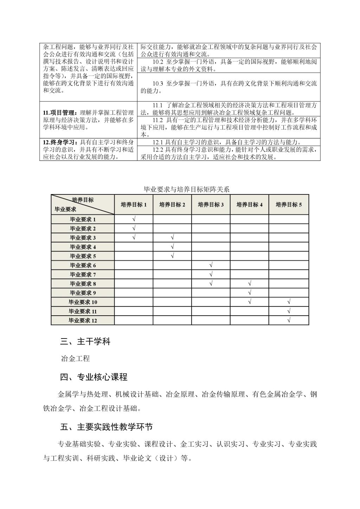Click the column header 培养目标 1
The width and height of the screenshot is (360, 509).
pyautogui.click(x=134, y=205)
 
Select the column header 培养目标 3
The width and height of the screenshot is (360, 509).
pyautogui.click(x=211, y=205)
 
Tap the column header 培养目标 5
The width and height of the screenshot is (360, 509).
pyautogui.click(x=289, y=205)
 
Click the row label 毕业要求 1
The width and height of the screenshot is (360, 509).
pyautogui.click(x=83, y=220)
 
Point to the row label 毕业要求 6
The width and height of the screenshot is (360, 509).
pyautogui.click(x=83, y=265)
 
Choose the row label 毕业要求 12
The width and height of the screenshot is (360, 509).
pyautogui.click(x=83, y=321)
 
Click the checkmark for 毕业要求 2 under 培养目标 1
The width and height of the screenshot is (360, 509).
pyautogui.click(x=134, y=228)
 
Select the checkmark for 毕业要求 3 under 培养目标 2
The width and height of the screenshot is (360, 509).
pyautogui.click(x=172, y=238)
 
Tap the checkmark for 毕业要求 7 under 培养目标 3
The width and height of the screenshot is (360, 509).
pyautogui.click(x=211, y=274)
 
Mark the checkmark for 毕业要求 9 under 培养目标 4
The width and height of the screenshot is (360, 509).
pyautogui.click(x=250, y=292)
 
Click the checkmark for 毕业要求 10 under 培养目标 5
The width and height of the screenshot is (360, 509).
pyautogui.click(x=289, y=302)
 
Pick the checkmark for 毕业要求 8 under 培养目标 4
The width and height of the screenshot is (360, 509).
pyautogui.click(x=250, y=283)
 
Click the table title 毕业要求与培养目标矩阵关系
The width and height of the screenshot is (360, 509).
pyautogui.click(x=187, y=189)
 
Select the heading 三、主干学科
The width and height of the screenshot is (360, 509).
pyautogui.click(x=85, y=341)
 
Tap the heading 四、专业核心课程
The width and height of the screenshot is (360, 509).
pyautogui.click(x=94, y=378)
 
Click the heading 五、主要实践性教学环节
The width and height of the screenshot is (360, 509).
pyautogui.click(x=107, y=427)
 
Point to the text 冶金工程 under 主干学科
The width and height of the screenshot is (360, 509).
pyautogui.click(x=75, y=359)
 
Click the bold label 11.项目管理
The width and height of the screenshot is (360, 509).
pyautogui.click(x=59, y=113)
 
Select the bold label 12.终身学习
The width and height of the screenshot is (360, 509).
pyautogui.click(x=59, y=142)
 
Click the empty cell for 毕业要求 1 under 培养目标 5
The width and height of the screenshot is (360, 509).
pyautogui.click(x=289, y=219)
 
